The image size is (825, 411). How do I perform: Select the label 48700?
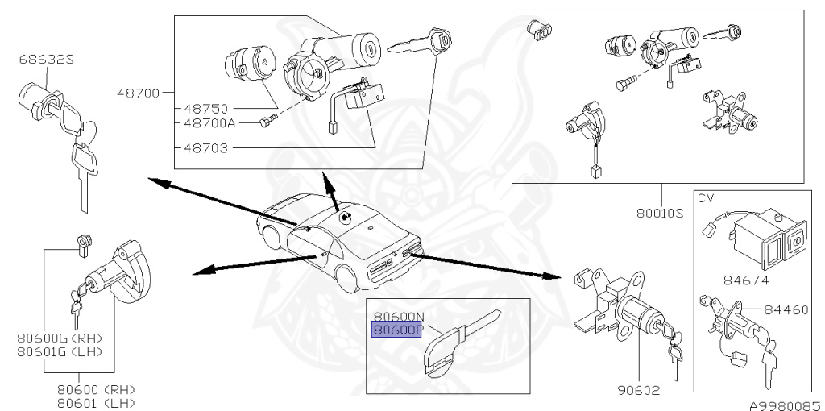click(139, 92)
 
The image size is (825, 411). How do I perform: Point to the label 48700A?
click(209, 123)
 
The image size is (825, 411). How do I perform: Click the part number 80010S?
click(660, 214)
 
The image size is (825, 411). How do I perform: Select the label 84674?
click(748, 280)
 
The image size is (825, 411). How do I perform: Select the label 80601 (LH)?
click(96, 402)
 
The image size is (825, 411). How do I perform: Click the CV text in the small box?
click(706, 197)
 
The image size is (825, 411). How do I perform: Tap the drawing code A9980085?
click(780, 405)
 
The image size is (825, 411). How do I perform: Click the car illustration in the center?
click(338, 242)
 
